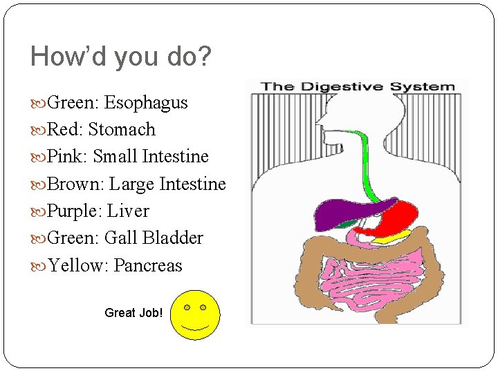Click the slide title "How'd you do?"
pyautogui.click(x=120, y=57)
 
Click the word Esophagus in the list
pyautogui.click(x=146, y=103)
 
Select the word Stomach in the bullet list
pyautogui.click(x=122, y=130)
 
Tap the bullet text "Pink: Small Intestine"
pyautogui.click(x=128, y=157)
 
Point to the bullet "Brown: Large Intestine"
pyautogui.click(x=136, y=184)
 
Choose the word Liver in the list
pyautogui.click(x=128, y=211)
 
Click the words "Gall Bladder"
pyautogui.click(x=154, y=238)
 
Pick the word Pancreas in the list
pyautogui.click(x=148, y=265)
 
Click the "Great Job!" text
pyautogui.click(x=133, y=313)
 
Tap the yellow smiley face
pyautogui.click(x=195, y=315)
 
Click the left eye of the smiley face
pyautogui.click(x=187, y=307)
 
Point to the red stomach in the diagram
pyautogui.click(x=394, y=218)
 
